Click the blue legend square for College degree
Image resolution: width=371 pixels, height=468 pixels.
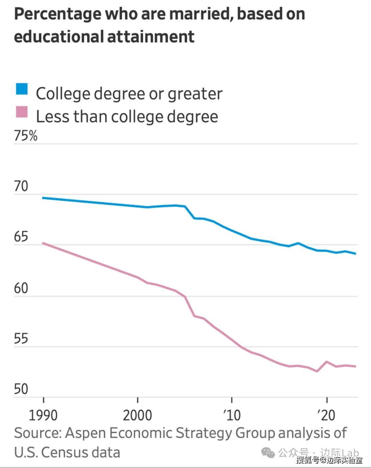(22, 89)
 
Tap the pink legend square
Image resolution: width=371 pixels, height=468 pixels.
(22, 112)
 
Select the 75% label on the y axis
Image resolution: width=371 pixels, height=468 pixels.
(26, 136)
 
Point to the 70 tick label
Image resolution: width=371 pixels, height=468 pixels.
(21, 186)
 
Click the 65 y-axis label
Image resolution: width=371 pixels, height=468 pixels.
(21, 237)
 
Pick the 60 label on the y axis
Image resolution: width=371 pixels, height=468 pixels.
(21, 288)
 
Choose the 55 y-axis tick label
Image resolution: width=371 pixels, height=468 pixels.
(21, 339)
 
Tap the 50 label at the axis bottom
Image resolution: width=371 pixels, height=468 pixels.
(21, 389)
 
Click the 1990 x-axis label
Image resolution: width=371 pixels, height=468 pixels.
(43, 416)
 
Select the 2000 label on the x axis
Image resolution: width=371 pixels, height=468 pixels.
(137, 416)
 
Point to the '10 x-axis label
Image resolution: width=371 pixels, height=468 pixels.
(232, 416)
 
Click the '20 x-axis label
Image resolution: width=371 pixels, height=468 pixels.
(326, 416)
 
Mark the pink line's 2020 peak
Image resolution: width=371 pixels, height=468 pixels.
(326, 362)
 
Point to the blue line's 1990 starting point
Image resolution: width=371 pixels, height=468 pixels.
(43, 198)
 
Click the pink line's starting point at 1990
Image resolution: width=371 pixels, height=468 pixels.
(43, 243)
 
